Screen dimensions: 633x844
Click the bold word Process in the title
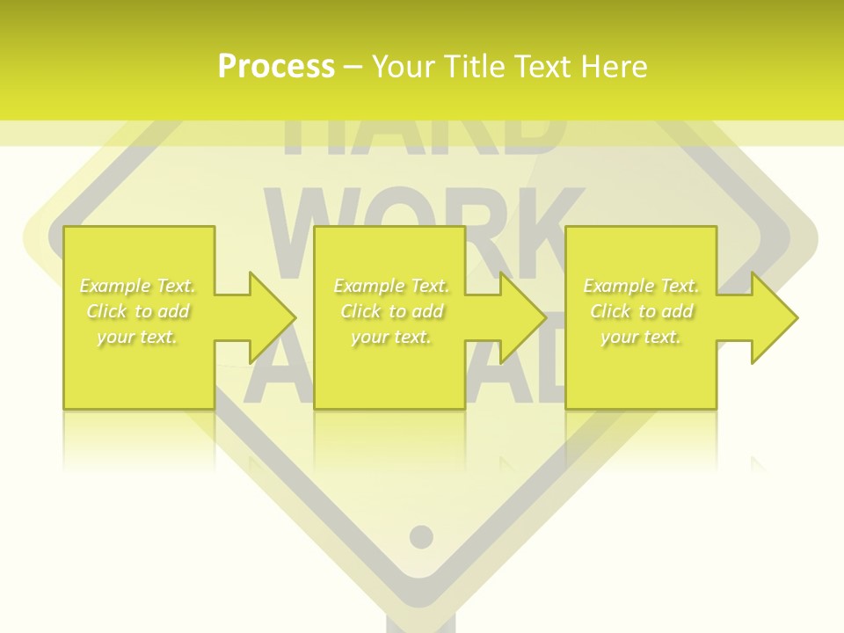click(276, 67)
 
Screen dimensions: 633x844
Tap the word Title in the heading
click(476, 67)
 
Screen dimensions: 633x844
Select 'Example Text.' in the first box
click(138, 286)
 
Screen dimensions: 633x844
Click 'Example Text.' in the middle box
click(391, 286)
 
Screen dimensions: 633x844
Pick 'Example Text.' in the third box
click(641, 286)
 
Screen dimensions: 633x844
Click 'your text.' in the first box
click(137, 337)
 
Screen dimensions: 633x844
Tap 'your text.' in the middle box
click(390, 337)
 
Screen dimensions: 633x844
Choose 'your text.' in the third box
click(641, 337)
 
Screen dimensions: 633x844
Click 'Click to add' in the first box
click(138, 311)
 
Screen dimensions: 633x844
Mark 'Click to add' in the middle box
click(391, 311)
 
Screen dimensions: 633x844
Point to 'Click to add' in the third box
click(642, 311)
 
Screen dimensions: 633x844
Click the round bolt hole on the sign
click(421, 535)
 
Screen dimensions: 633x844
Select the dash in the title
click(353, 68)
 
